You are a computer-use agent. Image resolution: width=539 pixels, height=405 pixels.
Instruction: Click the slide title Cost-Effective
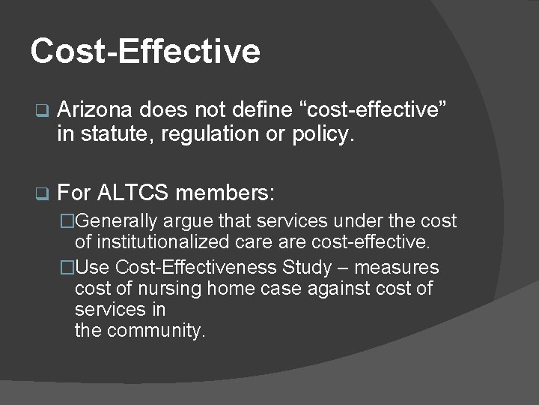point(145,51)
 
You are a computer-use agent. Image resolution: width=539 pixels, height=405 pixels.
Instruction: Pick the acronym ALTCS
point(136,193)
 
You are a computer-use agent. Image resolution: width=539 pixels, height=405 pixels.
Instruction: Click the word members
point(225,193)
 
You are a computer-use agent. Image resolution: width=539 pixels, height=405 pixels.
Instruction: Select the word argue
point(198,222)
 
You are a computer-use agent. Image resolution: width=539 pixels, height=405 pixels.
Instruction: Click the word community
point(156,331)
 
